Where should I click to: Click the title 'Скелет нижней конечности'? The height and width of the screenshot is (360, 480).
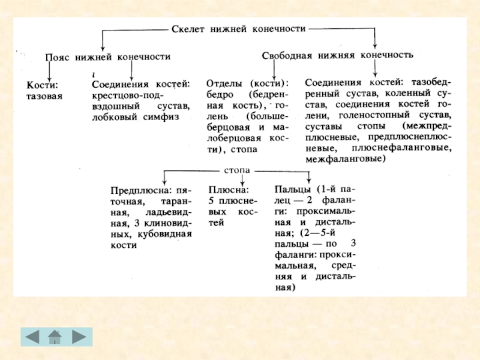(x=239, y=28)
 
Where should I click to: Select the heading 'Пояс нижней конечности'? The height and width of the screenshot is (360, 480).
(x=109, y=57)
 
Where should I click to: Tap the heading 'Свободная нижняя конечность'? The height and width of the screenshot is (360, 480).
(x=338, y=55)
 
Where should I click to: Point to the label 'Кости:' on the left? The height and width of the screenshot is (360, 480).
(x=43, y=85)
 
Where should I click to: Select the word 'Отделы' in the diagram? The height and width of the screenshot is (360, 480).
(x=223, y=83)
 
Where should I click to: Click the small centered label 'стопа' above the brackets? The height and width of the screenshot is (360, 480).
(x=238, y=170)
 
